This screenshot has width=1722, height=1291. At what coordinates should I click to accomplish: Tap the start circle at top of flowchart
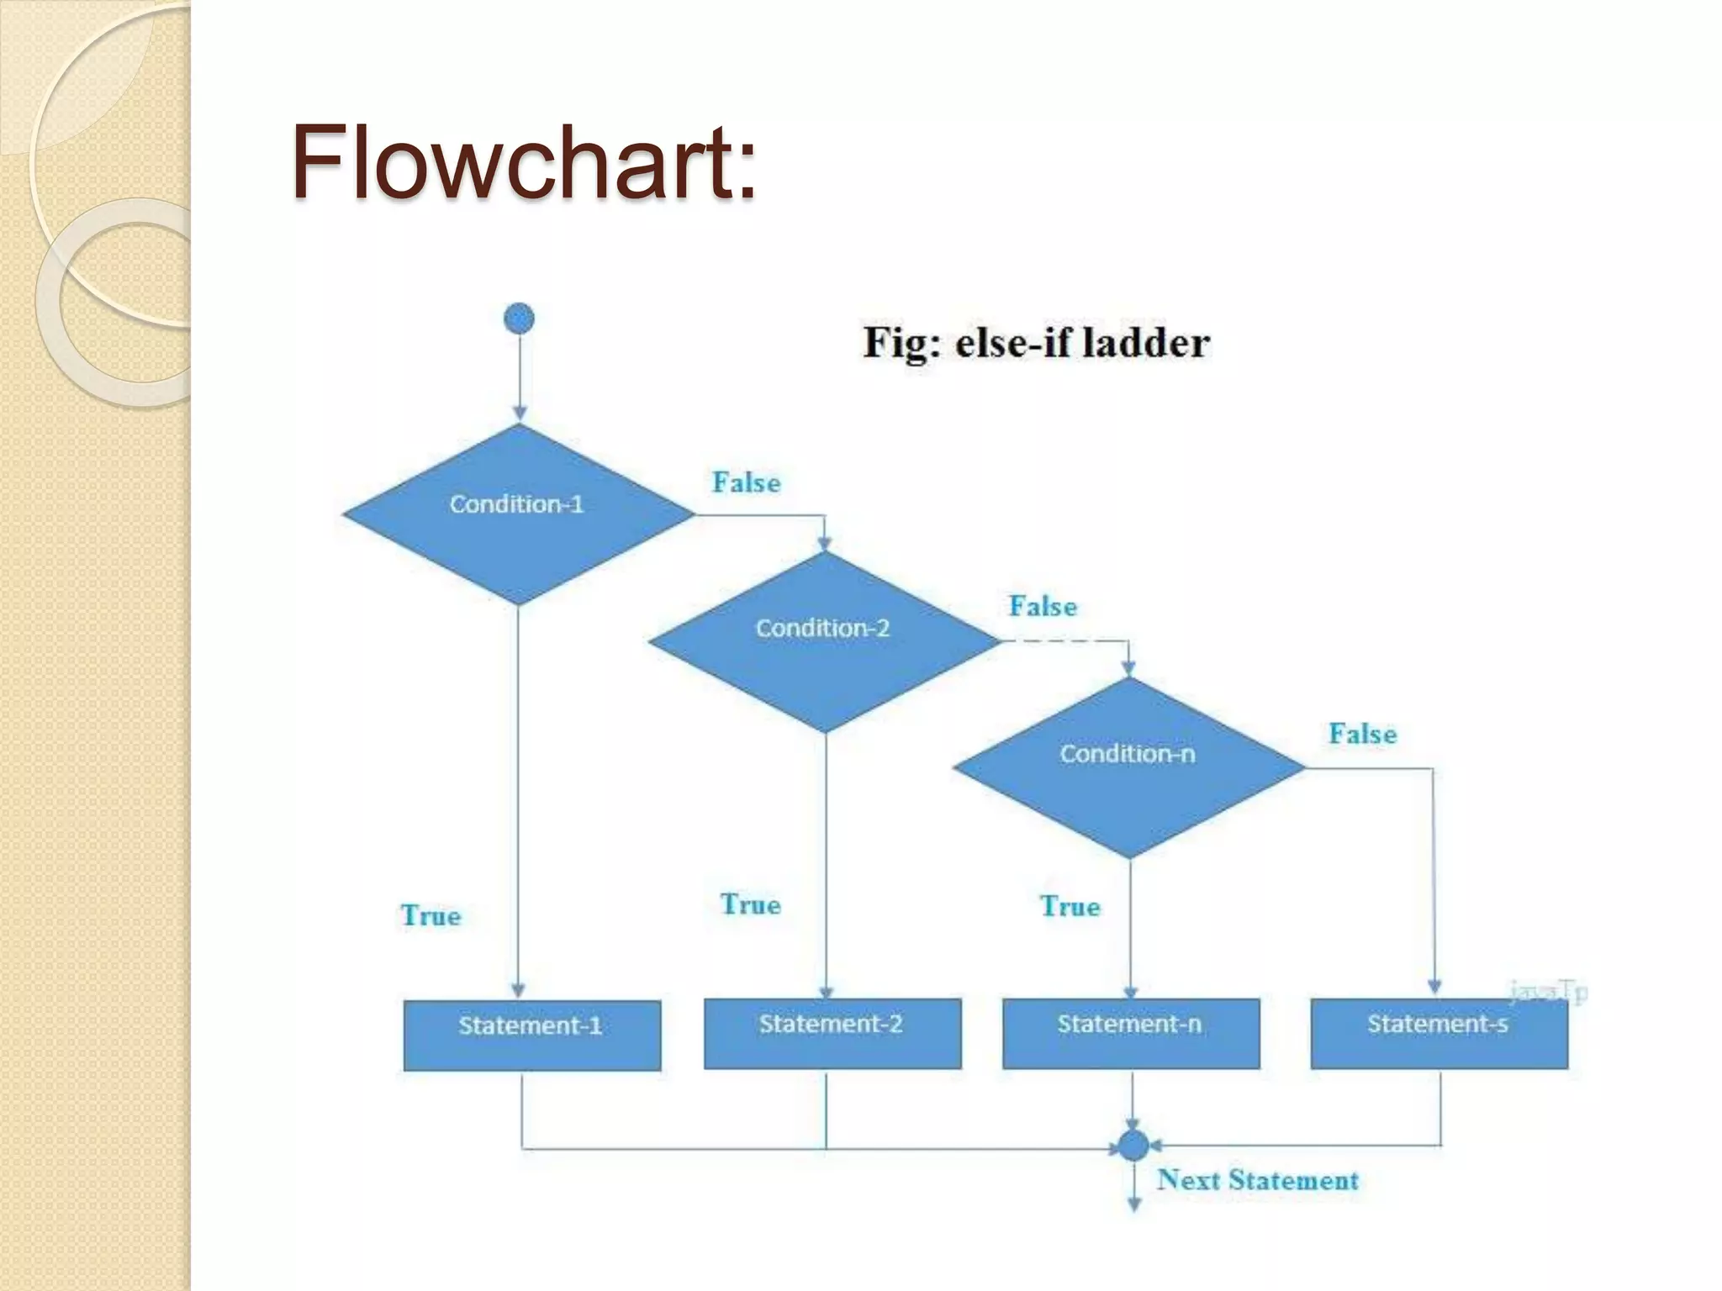tap(519, 319)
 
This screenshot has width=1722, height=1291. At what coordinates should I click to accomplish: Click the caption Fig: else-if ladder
tap(1036, 343)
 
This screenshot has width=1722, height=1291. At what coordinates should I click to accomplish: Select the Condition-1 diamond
tap(518, 514)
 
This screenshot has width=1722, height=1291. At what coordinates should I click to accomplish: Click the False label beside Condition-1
tap(746, 482)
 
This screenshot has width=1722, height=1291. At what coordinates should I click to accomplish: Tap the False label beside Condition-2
tap(1043, 606)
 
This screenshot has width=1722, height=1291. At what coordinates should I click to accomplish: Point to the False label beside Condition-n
tap(1362, 734)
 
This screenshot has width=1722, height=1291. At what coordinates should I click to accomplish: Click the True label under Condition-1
tap(430, 915)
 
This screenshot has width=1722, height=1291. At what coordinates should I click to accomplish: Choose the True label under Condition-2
tap(750, 904)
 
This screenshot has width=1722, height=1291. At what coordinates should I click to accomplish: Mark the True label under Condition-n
tap(1070, 906)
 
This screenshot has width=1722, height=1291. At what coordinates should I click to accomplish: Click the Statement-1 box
tap(531, 1035)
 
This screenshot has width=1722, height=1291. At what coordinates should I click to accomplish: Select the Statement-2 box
tap(832, 1033)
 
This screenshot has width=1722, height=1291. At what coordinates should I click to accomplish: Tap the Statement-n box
tap(1130, 1033)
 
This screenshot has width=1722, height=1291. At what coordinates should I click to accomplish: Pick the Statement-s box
tap(1439, 1033)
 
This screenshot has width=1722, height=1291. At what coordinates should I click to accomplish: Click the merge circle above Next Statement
tap(1133, 1145)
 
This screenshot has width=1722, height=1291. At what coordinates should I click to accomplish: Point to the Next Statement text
tap(1257, 1180)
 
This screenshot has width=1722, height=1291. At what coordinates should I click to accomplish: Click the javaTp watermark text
tap(1547, 993)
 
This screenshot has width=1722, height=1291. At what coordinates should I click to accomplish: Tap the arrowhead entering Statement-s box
tap(1434, 986)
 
